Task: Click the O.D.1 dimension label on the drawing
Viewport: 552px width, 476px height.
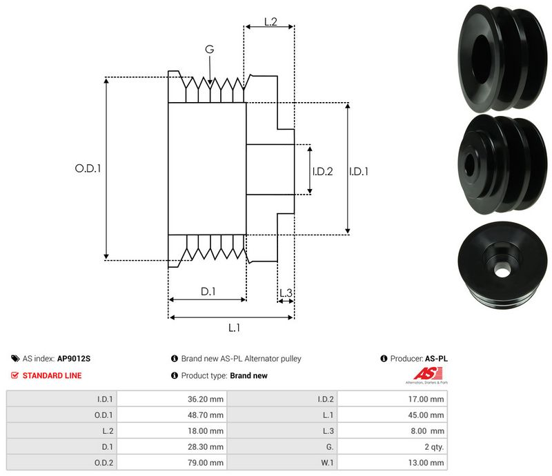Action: tap(88, 168)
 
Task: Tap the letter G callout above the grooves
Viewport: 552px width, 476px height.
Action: tap(209, 49)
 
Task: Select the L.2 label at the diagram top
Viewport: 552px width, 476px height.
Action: tap(270, 22)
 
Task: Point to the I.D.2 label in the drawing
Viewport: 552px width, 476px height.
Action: tap(322, 171)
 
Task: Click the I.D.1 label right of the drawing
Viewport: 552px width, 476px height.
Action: tap(359, 171)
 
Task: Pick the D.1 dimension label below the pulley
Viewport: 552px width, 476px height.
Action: tap(208, 292)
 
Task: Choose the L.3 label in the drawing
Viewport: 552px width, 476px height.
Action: tap(286, 294)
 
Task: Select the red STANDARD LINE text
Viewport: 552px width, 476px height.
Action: tap(52, 375)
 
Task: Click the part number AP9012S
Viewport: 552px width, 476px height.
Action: tap(74, 359)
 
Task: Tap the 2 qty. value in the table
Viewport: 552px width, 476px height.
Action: tap(433, 447)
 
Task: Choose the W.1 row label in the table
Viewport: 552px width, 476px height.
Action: tap(326, 463)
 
